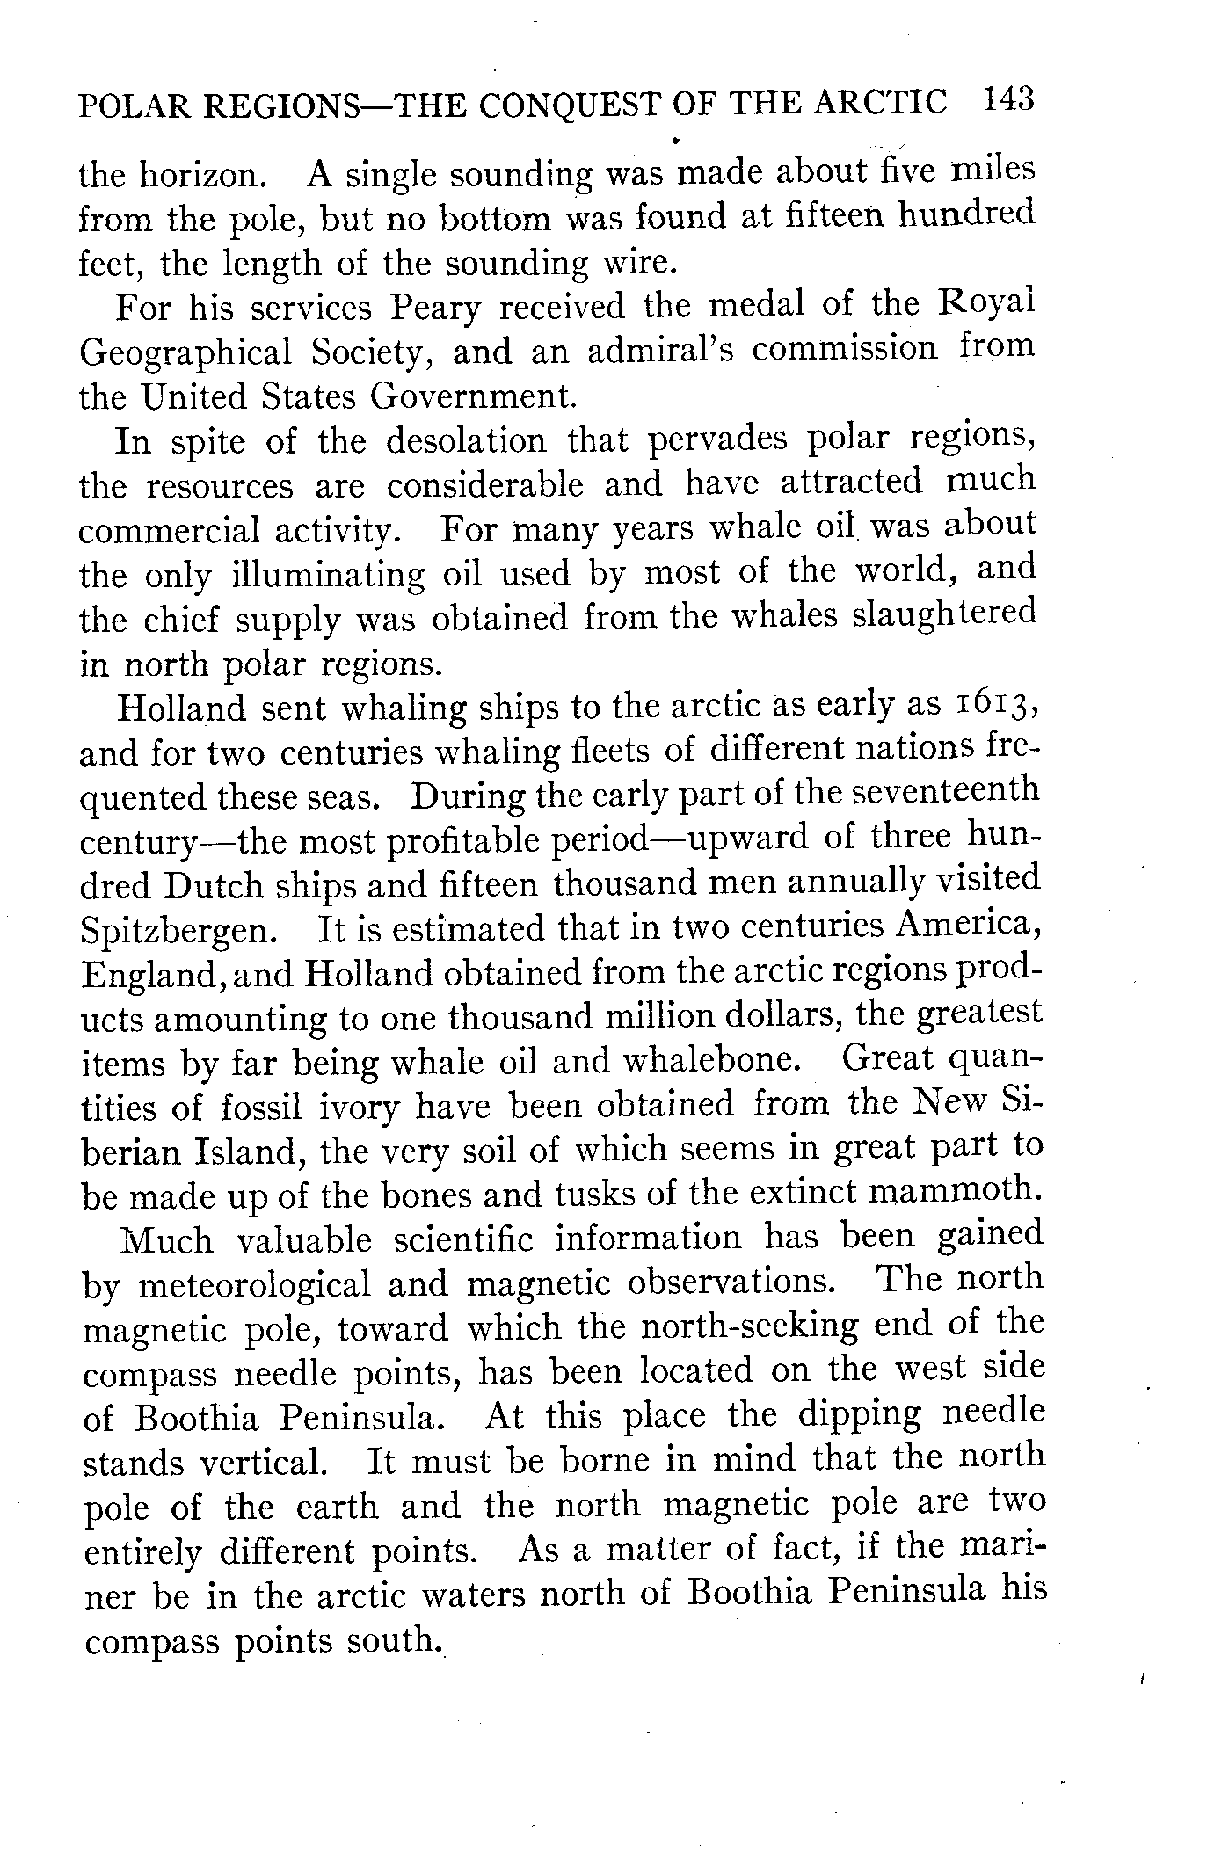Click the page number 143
(1008, 99)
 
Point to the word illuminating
(328, 576)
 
